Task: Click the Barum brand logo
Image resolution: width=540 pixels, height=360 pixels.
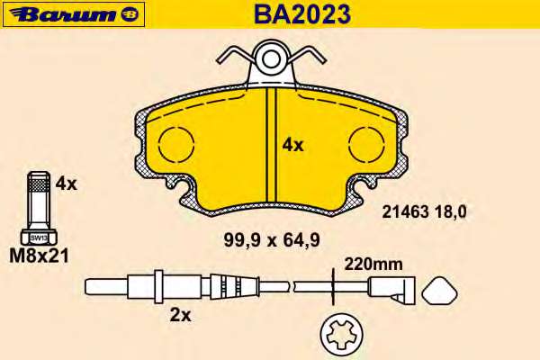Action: coord(74,14)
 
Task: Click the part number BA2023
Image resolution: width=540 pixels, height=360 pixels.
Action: coord(302,14)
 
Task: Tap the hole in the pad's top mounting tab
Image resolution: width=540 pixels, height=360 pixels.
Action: coord(271,59)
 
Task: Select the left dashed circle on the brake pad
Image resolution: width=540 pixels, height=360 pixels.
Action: coord(176,144)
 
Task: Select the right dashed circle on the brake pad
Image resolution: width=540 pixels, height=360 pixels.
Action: coord(366,144)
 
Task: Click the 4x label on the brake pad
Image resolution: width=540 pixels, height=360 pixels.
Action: coord(292,146)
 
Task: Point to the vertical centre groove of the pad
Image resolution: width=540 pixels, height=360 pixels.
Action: coord(272,145)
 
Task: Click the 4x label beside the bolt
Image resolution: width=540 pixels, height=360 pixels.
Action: coord(66,184)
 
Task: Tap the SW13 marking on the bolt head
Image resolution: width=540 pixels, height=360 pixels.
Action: coord(39,238)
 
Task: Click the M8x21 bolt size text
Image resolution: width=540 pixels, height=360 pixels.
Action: coord(39,256)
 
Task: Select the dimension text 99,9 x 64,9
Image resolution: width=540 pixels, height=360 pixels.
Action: coord(272,239)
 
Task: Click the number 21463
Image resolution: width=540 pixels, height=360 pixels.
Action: coord(405,211)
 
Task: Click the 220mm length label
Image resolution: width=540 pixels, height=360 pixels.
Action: coord(373,265)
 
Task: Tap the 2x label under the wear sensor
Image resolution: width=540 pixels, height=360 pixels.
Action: coord(180,315)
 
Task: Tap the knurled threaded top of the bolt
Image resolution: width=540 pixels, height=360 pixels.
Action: coord(39,183)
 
